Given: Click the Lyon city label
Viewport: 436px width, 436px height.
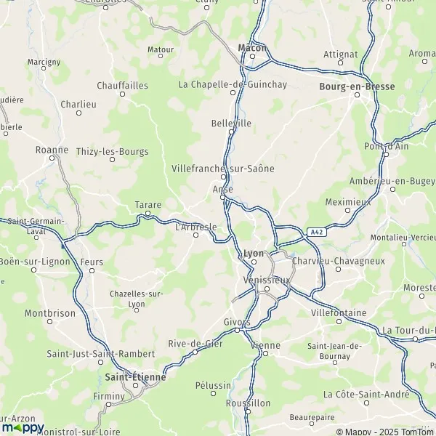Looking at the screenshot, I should tap(254, 253).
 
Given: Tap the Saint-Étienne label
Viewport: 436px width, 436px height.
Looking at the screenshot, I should tap(136, 377).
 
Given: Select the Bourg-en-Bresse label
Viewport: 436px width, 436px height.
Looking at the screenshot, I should tap(358, 86).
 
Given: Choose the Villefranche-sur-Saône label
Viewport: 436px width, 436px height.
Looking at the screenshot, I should tap(223, 168).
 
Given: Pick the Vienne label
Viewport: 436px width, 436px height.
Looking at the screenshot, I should tap(265, 345).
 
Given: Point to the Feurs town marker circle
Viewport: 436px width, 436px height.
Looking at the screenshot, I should tap(92, 270).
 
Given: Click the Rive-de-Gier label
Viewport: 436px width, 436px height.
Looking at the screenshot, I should tap(195, 344).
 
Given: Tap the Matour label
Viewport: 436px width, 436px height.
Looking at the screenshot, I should tap(161, 49).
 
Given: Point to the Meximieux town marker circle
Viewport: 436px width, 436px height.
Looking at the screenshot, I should tap(347, 211).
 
